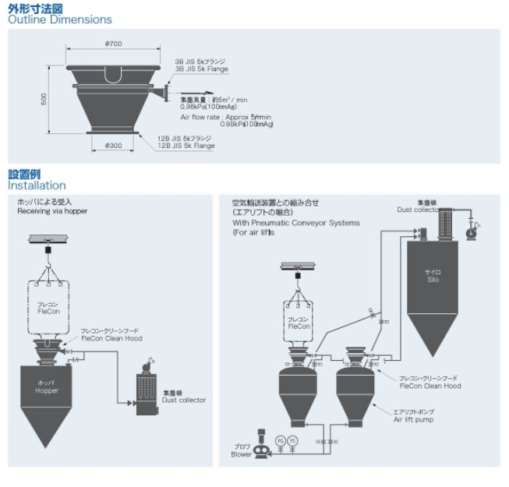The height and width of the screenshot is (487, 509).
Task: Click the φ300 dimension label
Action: (x=113, y=145)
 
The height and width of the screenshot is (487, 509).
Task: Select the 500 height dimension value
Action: (x=44, y=98)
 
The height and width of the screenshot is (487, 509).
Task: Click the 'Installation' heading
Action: (x=37, y=185)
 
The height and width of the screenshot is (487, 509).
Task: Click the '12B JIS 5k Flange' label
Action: (x=186, y=145)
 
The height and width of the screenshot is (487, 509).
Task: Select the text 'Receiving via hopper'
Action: (x=52, y=211)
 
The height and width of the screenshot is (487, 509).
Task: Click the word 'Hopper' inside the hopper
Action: (x=47, y=390)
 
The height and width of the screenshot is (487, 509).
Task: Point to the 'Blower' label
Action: (x=242, y=454)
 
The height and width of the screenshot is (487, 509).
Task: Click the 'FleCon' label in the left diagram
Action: (x=48, y=311)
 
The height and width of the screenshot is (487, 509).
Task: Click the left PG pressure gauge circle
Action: (x=281, y=440)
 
